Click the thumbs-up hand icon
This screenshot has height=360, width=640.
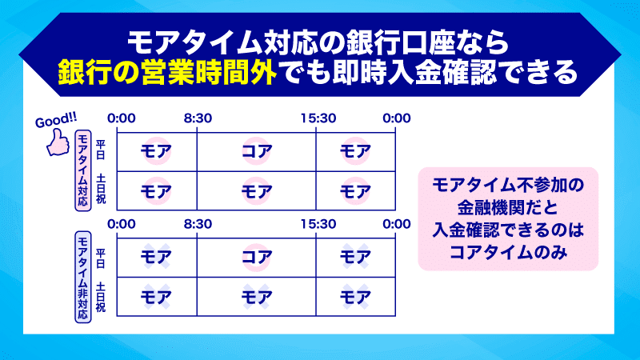coord(58,144)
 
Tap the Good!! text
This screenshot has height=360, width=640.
coord(54,122)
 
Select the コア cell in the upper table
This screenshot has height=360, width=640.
coord(257,150)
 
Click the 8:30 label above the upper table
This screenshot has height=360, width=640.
coord(198,118)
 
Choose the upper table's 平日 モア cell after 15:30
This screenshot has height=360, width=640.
coord(355,150)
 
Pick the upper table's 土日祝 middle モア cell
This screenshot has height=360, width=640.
coord(257,191)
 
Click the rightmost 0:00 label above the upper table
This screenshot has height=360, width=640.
coord(396,118)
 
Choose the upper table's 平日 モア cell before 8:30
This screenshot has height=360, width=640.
coord(157,150)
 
